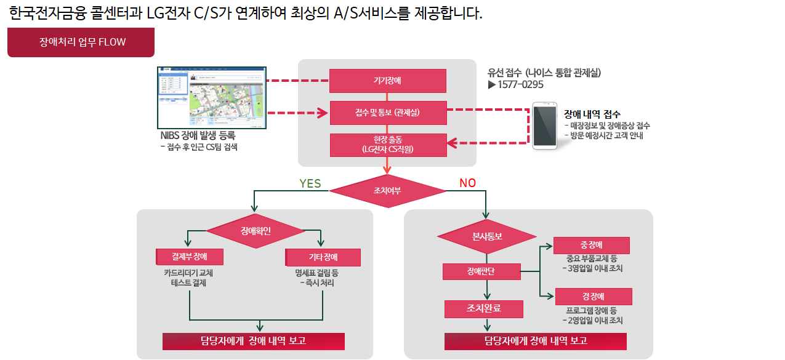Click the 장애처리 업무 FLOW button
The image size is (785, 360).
pos(81,42)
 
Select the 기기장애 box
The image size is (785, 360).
pos(387,81)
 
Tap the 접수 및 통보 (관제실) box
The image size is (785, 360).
pos(387,113)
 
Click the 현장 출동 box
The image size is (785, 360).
pos(387,145)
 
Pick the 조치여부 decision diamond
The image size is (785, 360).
pos(387,191)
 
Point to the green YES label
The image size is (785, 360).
pos(310,183)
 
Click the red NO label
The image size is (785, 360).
pos(467,183)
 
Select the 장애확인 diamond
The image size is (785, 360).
pos(256,231)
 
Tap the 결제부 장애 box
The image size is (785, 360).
pos(190,257)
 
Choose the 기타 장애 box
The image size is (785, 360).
pos(323,257)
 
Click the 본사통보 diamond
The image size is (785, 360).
pos(487,236)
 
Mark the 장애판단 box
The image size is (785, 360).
pos(481,271)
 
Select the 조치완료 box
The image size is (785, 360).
pos(483,308)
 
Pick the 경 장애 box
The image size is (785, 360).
pos(593,297)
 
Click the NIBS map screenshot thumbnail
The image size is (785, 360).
pos(212,97)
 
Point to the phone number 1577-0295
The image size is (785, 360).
pos(521,85)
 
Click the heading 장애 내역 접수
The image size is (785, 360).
pos(592,114)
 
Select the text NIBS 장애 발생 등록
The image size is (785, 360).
pos(198,135)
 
